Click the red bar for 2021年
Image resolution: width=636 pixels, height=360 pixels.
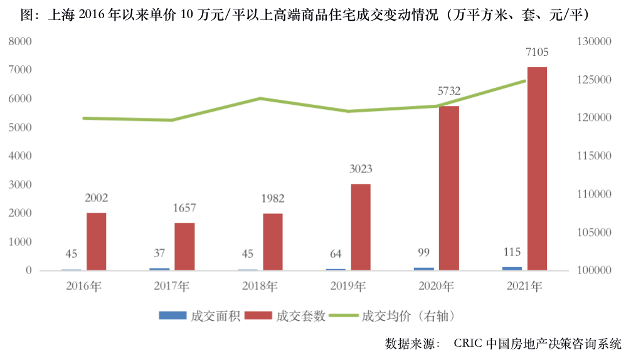pyautogui.click(x=537, y=169)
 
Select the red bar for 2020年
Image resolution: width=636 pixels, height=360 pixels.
pyautogui.click(x=449, y=188)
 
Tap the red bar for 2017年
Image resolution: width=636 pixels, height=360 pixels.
pyautogui.click(x=184, y=246)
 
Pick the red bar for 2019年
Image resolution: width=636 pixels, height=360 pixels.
pyautogui.click(x=361, y=227)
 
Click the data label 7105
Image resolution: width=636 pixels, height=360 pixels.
pyautogui.click(x=537, y=52)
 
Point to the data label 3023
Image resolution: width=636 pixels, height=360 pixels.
pyautogui.click(x=361, y=169)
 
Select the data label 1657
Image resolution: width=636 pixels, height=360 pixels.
pyautogui.click(x=184, y=208)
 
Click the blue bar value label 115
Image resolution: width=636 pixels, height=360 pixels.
pyautogui.click(x=512, y=251)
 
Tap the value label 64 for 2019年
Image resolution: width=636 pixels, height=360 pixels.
pyautogui.click(x=336, y=253)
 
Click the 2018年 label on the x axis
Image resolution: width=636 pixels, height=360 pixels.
pyautogui.click(x=260, y=287)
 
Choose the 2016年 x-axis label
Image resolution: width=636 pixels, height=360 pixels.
pyautogui.click(x=83, y=287)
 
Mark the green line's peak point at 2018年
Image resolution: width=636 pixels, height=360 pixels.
pyautogui.click(x=260, y=98)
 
